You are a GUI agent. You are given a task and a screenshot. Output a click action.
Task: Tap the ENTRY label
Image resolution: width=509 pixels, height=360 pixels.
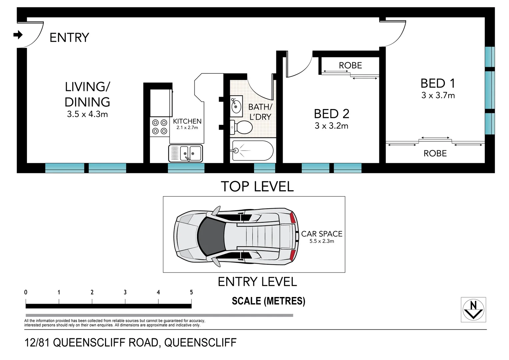(x=69, y=38)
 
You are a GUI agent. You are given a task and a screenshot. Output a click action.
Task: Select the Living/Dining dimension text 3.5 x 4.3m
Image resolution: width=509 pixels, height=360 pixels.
(x=87, y=114)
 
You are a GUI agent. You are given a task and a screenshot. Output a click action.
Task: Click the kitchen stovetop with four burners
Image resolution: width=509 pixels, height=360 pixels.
(x=160, y=127)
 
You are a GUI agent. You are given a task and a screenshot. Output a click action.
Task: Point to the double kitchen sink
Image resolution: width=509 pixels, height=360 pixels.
(x=186, y=153)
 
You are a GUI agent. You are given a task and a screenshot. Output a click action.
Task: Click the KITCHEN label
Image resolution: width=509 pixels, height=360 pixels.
(x=187, y=121)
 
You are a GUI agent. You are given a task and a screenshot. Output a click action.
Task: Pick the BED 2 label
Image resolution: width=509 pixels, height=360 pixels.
(x=332, y=114)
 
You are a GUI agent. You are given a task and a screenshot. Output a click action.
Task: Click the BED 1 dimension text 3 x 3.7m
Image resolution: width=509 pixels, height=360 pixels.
(x=438, y=95)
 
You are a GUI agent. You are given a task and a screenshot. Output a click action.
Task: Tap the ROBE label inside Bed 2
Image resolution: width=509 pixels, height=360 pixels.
(x=350, y=65)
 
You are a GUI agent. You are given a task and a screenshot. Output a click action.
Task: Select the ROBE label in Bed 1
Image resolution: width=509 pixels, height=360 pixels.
(x=435, y=153)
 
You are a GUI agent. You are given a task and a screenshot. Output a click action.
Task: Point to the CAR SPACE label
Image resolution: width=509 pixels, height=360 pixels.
(x=322, y=234)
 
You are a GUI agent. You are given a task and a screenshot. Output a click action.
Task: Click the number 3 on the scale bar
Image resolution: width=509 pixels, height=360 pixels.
(x=125, y=292)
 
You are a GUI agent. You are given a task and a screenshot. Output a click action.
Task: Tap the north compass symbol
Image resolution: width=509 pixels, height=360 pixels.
(x=473, y=309)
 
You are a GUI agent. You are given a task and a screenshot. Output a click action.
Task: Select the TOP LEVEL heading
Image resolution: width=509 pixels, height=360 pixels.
(x=257, y=186)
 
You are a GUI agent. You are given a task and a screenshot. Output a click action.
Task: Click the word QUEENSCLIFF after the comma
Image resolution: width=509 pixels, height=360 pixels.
(x=200, y=342)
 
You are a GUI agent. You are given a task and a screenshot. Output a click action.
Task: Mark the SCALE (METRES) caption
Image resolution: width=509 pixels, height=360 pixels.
(x=268, y=301)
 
